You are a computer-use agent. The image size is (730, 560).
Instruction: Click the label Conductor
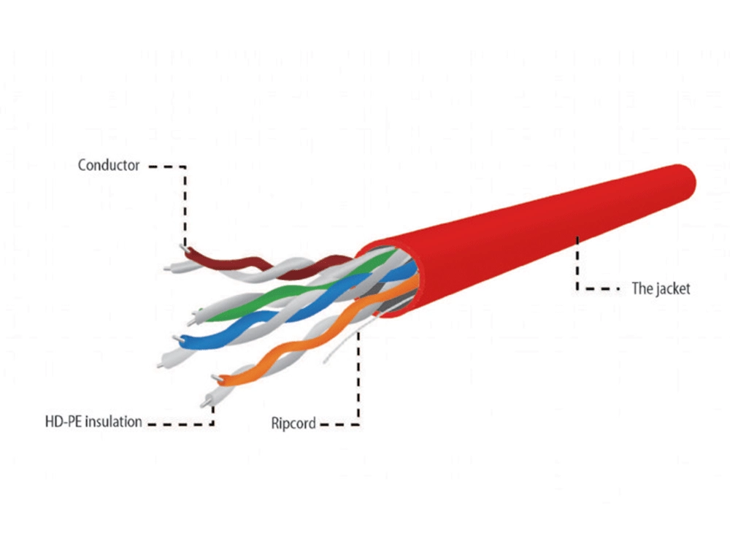tap(109, 165)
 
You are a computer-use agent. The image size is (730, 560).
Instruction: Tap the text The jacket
tap(661, 288)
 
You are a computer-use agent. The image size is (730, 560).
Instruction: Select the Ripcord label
tap(293, 423)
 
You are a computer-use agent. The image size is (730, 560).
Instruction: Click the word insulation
tap(114, 421)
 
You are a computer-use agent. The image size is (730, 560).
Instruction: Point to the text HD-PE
tap(64, 422)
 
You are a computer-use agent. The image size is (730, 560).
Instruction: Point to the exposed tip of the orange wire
tap(217, 379)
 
